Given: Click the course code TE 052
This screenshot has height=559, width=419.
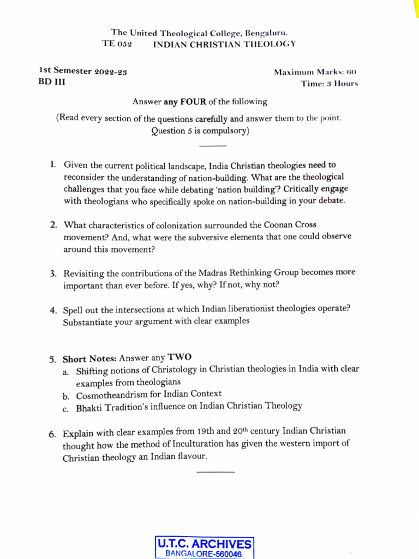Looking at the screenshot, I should [117, 44].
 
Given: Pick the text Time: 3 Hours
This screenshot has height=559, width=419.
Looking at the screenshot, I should [329, 84].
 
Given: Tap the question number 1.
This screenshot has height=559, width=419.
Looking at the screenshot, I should [52, 164].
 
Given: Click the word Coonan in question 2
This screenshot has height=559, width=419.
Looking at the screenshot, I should [265, 224].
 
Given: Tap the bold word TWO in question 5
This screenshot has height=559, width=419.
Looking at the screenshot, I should [179, 358].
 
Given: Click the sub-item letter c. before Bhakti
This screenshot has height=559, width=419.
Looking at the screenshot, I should [65, 407].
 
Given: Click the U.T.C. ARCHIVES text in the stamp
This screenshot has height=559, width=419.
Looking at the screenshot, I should [205, 544].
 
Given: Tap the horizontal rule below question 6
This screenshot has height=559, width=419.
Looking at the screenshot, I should [216, 472].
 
